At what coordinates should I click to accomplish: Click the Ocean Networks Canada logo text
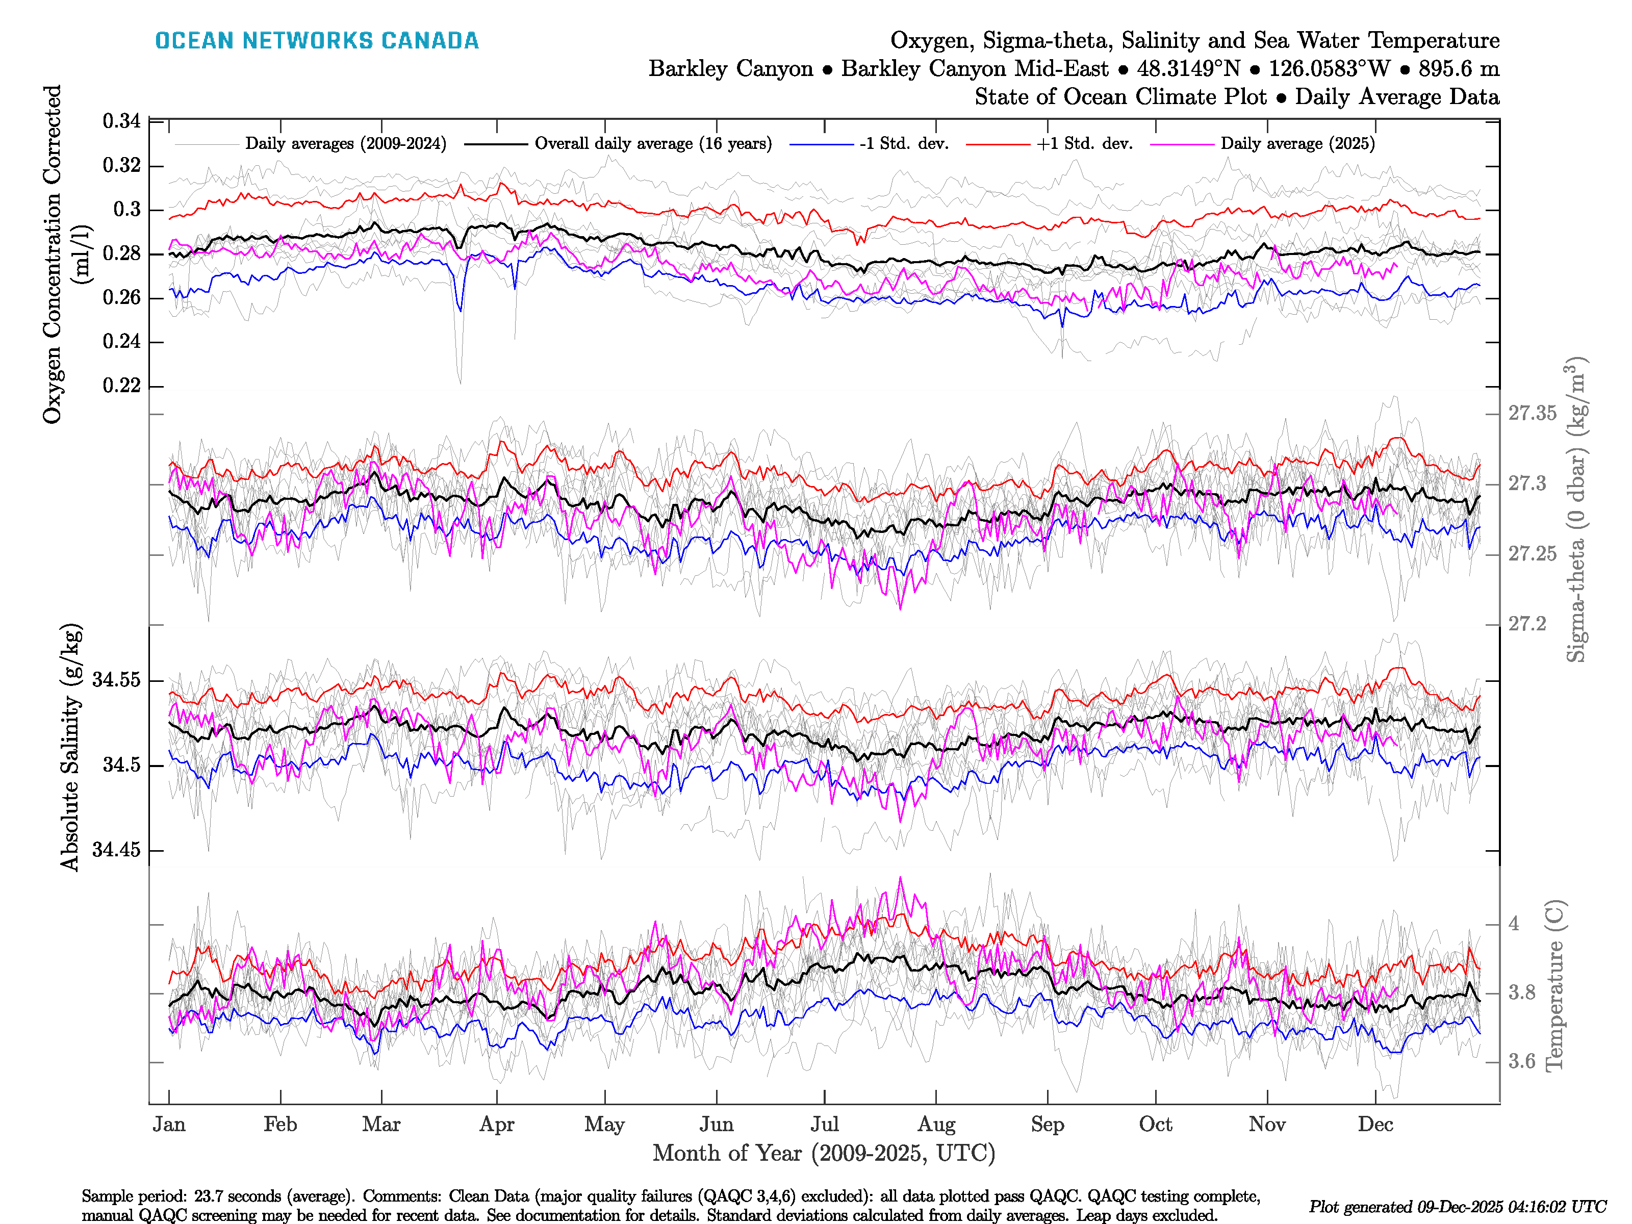(x=317, y=41)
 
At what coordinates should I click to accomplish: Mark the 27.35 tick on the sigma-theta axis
(x=1532, y=413)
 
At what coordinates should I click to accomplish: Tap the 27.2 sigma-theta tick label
(x=1526, y=624)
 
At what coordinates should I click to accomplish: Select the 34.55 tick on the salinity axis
(x=116, y=679)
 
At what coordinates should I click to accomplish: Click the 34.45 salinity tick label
(x=116, y=850)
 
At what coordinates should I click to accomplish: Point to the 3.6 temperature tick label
(x=1521, y=1062)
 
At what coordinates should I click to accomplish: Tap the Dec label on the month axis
(x=1375, y=1125)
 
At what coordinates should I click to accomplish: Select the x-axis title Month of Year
(x=823, y=1153)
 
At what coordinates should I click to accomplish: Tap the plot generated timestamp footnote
(x=1457, y=1207)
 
